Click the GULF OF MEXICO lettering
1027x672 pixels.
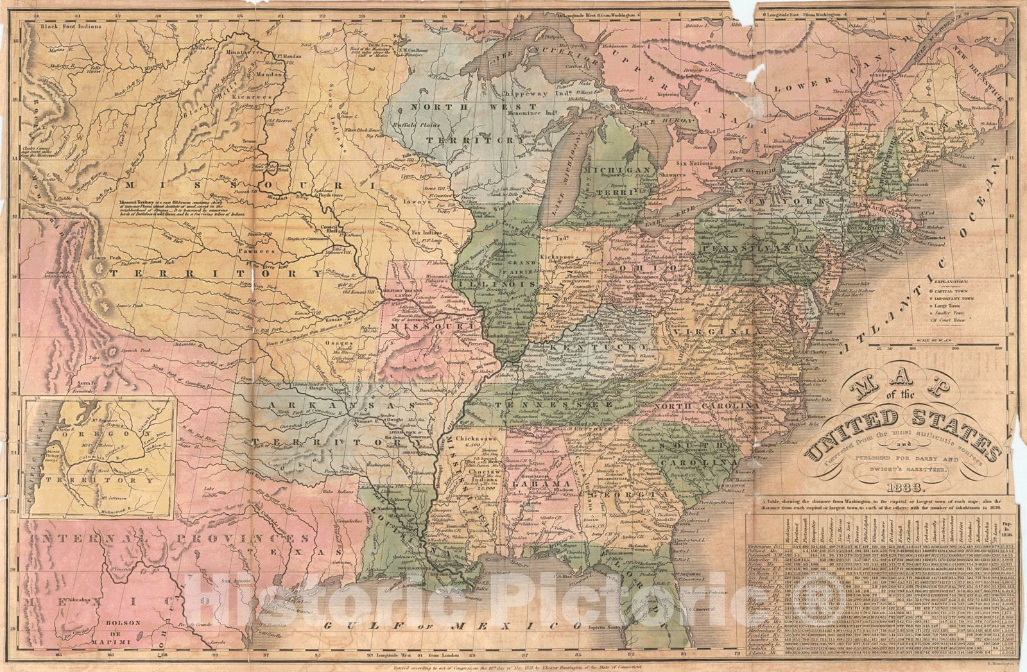pyautogui.click(x=453, y=625)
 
